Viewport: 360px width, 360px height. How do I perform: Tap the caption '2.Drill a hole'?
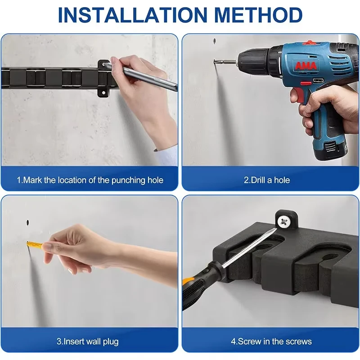[x=267, y=180]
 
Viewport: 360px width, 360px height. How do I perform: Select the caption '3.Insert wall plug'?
[x=88, y=341]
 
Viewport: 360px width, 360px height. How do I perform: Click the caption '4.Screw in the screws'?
[x=271, y=341]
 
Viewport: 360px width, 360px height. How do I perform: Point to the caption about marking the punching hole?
[x=90, y=180]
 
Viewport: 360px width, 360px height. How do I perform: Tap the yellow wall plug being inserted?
[x=34, y=245]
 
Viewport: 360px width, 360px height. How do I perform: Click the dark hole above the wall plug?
[x=27, y=222]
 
